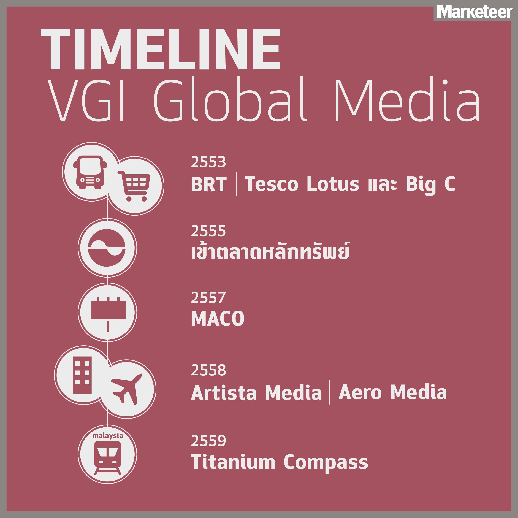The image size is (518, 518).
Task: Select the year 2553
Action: [208, 162]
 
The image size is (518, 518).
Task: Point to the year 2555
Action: [208, 231]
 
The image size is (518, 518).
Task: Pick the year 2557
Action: [208, 298]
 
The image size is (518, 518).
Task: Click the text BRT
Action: [209, 185]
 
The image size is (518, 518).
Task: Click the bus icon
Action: [90, 172]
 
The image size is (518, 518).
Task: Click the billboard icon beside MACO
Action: [108, 314]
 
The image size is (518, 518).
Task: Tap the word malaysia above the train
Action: [107, 436]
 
